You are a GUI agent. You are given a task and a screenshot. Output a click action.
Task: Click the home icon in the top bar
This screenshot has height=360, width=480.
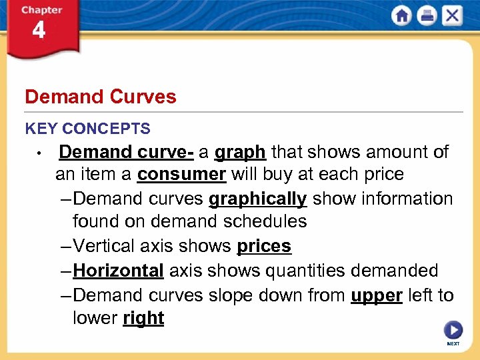pyautogui.click(x=402, y=15)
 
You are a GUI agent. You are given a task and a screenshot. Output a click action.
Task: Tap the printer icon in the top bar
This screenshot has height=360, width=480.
pyautogui.click(x=427, y=15)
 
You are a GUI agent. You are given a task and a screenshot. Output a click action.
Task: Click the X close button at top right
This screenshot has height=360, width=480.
pyautogui.click(x=452, y=15)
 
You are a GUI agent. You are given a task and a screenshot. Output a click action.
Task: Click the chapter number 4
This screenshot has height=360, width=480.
pyautogui.click(x=39, y=31)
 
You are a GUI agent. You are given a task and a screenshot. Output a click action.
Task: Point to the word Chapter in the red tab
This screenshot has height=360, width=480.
pyautogui.click(x=41, y=10)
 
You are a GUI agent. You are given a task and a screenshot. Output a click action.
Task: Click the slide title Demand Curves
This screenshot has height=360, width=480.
pyautogui.click(x=101, y=97)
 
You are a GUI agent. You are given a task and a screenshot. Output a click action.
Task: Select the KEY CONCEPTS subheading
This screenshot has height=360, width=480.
pyautogui.click(x=87, y=129)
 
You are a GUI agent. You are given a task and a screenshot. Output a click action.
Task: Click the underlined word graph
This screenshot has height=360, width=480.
pyautogui.click(x=241, y=153)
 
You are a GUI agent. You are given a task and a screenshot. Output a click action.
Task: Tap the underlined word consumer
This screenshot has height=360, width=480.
pyautogui.click(x=181, y=175)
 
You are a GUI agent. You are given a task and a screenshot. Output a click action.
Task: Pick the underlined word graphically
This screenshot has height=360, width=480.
pyautogui.click(x=257, y=199)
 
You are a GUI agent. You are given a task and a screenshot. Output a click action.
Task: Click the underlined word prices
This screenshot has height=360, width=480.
pyautogui.click(x=264, y=246)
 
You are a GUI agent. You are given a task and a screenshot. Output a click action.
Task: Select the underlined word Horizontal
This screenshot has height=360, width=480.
pyautogui.click(x=118, y=271)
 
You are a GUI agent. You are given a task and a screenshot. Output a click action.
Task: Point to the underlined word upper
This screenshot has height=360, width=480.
pyautogui.click(x=377, y=295)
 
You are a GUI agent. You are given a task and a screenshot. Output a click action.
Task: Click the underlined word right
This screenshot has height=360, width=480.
pyautogui.click(x=143, y=318)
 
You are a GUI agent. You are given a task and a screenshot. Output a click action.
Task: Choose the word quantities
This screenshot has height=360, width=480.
pyautogui.click(x=293, y=271)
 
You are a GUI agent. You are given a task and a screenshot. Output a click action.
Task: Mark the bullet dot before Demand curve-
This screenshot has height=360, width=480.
pyautogui.click(x=39, y=154)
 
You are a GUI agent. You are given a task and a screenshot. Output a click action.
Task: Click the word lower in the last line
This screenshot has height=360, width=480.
pyautogui.click(x=95, y=318)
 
